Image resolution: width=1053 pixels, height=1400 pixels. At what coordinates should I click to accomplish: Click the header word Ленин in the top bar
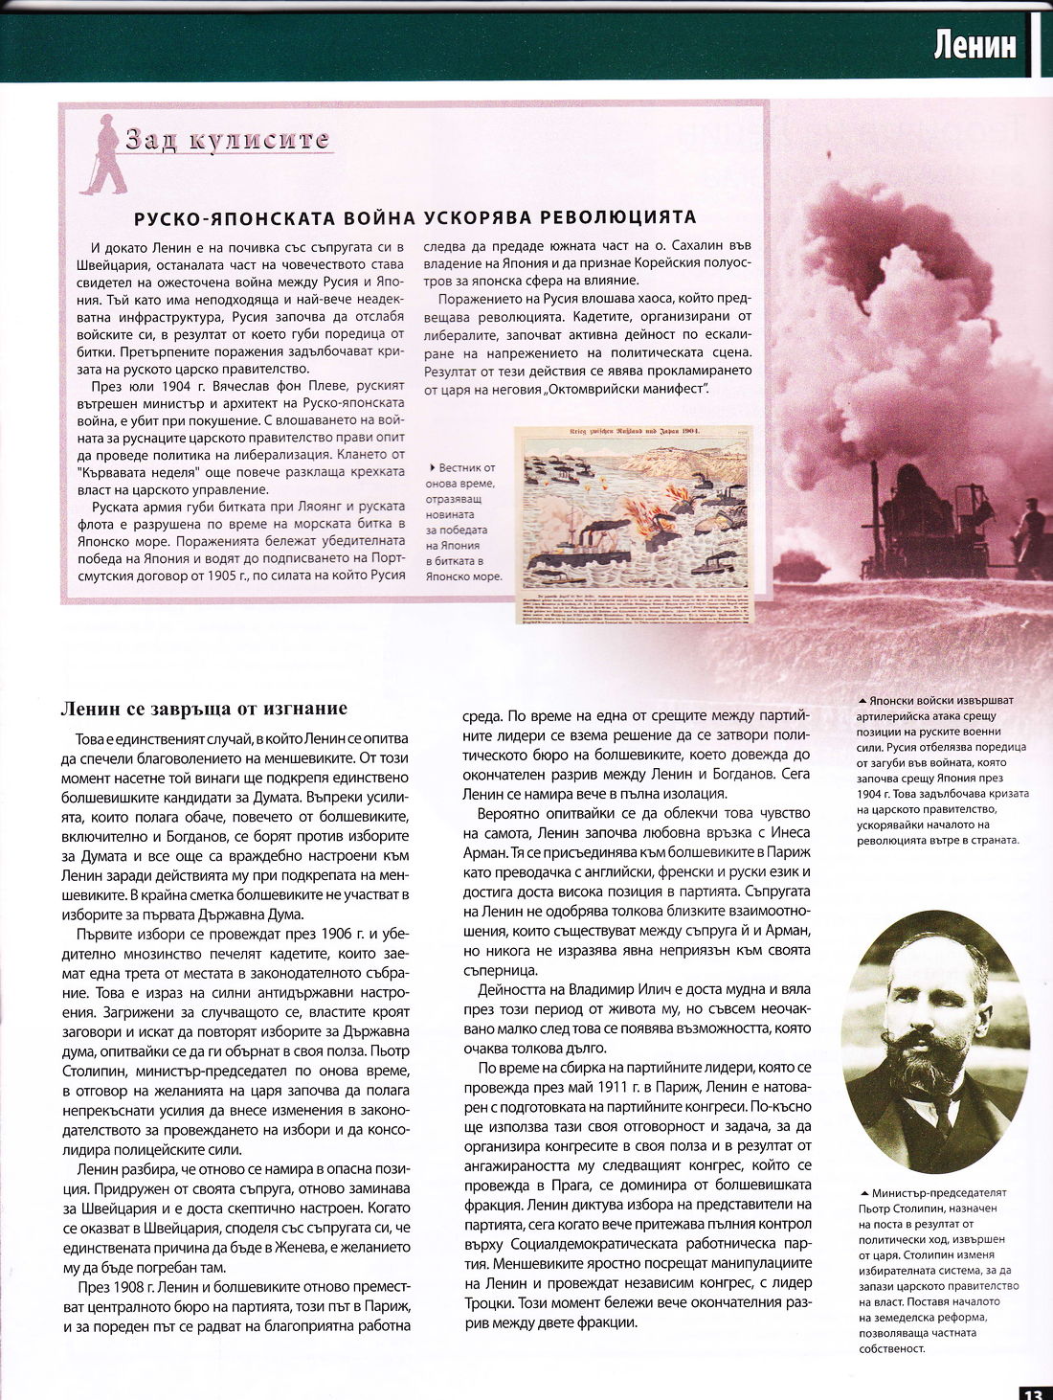point(975,45)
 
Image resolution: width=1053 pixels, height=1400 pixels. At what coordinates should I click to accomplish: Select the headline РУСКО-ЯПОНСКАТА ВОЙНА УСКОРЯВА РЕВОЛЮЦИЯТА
point(414,218)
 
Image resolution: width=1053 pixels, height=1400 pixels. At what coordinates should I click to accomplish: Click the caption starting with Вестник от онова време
point(466,522)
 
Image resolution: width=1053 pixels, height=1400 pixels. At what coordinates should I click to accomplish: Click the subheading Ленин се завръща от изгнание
point(203,709)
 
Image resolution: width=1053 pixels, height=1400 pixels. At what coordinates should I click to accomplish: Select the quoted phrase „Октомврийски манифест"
point(625,390)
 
